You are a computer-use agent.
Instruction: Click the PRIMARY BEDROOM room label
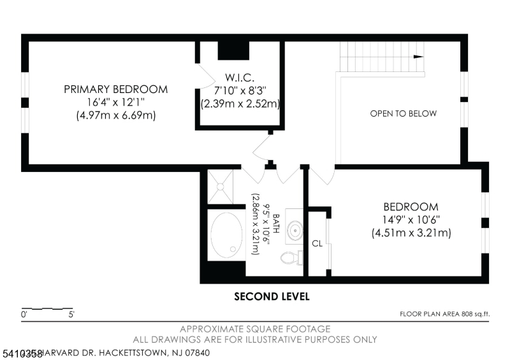click(x=115, y=89)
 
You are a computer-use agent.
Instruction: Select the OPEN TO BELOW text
click(x=404, y=114)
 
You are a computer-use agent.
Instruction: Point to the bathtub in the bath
click(x=226, y=234)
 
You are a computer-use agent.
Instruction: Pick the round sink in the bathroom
click(x=296, y=230)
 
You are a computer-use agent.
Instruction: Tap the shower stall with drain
click(x=221, y=186)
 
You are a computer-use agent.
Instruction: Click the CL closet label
click(x=317, y=243)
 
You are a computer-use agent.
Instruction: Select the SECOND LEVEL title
click(x=272, y=296)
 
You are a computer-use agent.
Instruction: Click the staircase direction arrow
click(x=418, y=57)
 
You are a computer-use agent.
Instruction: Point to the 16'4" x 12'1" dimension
click(x=115, y=103)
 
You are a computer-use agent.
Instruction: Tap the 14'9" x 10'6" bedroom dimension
click(x=411, y=220)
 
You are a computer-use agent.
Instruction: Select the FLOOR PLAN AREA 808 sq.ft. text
click(x=444, y=314)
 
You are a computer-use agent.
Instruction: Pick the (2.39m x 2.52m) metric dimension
click(x=240, y=103)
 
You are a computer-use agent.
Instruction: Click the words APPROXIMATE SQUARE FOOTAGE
click(x=255, y=329)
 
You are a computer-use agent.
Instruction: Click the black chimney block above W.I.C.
click(x=235, y=50)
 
